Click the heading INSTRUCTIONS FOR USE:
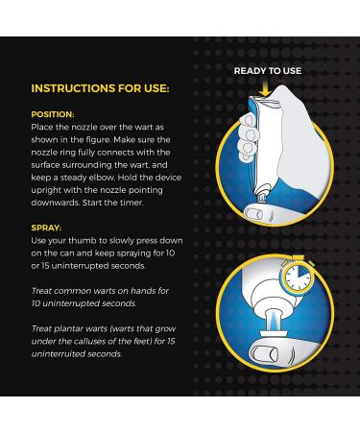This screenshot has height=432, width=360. click(100, 88)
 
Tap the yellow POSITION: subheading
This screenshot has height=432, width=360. click(53, 114)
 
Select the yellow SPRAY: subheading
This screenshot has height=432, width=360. click(46, 228)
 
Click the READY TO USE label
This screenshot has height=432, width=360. click(268, 71)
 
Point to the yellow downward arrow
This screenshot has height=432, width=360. click(264, 88)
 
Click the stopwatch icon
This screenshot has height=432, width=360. click(298, 276)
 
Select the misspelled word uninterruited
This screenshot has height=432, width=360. click(59, 354)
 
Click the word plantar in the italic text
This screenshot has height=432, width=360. click(65, 329)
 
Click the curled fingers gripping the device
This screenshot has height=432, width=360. click(248, 137)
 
